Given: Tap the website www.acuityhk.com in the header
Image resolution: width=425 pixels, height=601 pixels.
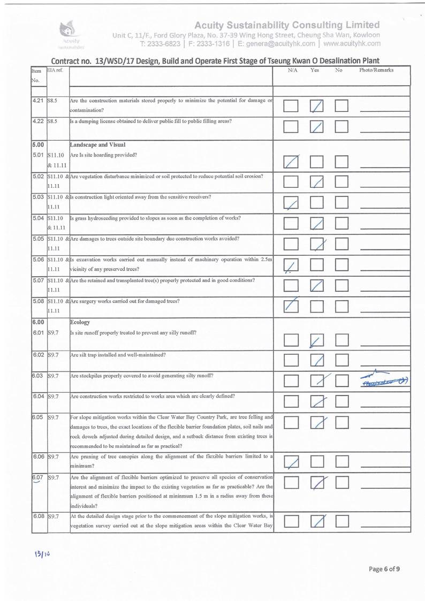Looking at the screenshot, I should pyautogui.click(x=352, y=43).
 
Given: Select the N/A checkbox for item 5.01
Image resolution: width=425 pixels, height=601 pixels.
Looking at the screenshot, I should pyautogui.click(x=291, y=160).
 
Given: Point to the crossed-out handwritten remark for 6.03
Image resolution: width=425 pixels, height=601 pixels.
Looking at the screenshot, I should pyautogui.click(x=384, y=378).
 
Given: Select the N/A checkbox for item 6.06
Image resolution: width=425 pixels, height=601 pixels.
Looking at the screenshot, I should pyautogui.click(x=291, y=460).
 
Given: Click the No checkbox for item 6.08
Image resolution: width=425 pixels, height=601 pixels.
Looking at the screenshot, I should pyautogui.click(x=341, y=521).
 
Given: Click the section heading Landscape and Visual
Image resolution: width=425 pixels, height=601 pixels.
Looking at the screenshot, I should pyautogui.click(x=96, y=144).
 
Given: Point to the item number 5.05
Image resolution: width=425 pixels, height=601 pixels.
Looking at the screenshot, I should pyautogui.click(x=37, y=238).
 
